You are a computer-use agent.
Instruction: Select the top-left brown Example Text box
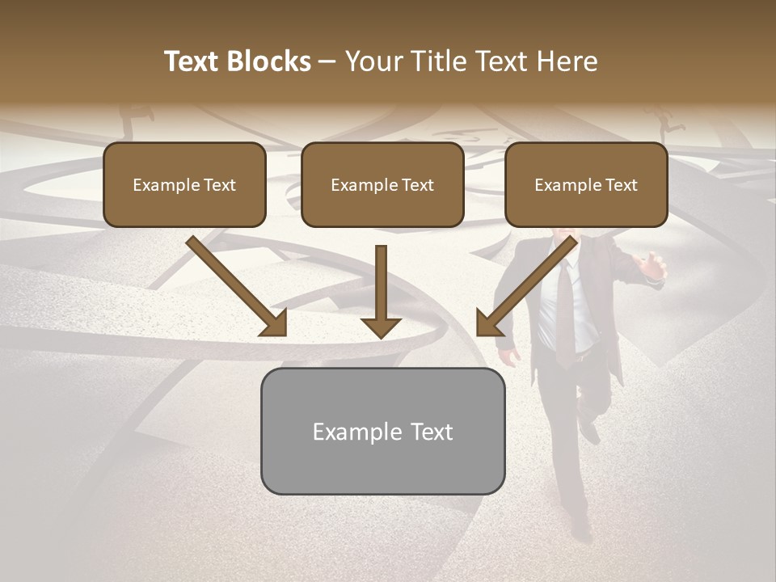pyautogui.click(x=184, y=184)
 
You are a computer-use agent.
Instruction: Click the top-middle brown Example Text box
pyautogui.click(x=382, y=184)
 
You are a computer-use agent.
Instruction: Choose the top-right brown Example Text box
pyautogui.click(x=586, y=184)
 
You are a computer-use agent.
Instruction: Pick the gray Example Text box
pyautogui.click(x=382, y=431)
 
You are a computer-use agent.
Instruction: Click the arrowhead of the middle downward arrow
pyautogui.click(x=382, y=327)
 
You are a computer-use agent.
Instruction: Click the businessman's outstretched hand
pyautogui.click(x=653, y=267)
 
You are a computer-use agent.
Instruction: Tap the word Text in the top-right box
pyautogui.click(x=622, y=185)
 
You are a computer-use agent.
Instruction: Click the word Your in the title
pyautogui.click(x=375, y=61)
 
